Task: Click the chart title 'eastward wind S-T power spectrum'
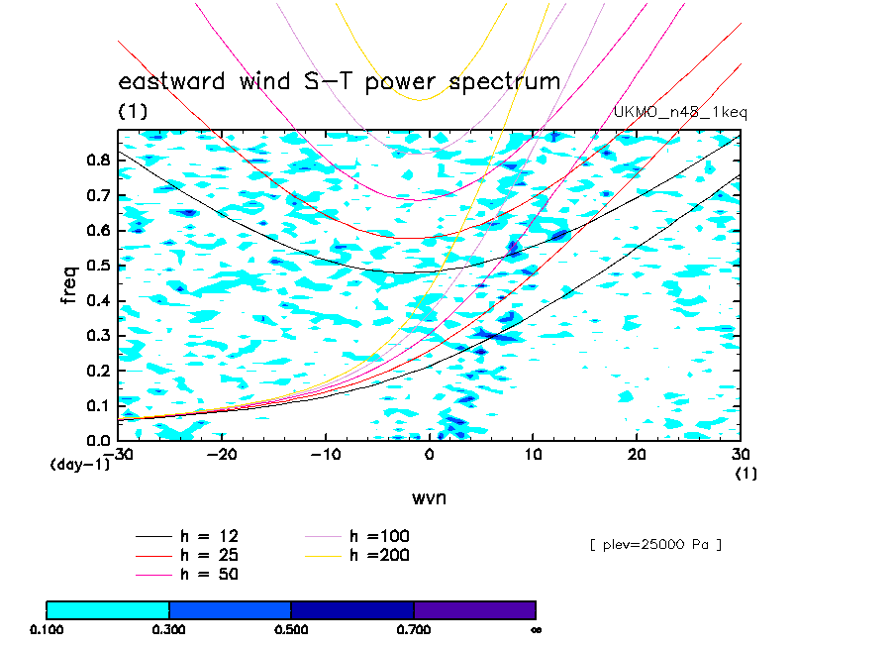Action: pos(340,81)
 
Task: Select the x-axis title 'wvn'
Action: pos(429,497)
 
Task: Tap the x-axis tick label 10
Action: pos(533,455)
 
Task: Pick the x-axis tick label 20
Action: pos(637,455)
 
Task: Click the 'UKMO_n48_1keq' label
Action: pos(680,113)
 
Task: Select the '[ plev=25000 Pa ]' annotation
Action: pos(654,544)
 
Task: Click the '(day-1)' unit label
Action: pos(80,465)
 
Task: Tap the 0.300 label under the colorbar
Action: pos(169,629)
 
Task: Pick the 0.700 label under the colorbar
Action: pos(414,629)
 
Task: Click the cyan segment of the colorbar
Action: pos(108,609)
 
